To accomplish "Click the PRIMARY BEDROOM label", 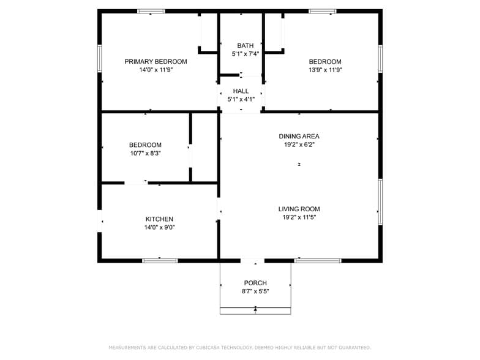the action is point(156,61).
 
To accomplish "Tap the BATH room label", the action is point(245,45).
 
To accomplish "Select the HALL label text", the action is point(241,91).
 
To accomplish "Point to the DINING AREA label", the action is point(299,136).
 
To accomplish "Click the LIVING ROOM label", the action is point(299,209).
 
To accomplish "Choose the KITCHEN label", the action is point(159,219).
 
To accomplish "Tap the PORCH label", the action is point(255,283).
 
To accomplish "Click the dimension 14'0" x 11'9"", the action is point(156,70).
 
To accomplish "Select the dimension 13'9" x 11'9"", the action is point(324,70).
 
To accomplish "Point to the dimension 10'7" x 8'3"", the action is point(145,153).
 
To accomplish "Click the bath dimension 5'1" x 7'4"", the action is point(245,54).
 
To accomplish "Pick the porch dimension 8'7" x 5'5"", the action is point(255,291).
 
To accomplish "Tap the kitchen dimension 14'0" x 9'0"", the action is point(159,228).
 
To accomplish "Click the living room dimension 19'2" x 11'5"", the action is point(299,217).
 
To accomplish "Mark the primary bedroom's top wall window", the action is point(151,11).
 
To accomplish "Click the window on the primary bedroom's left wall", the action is point(99,59).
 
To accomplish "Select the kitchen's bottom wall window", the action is point(160,261).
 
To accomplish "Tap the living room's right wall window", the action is point(380,202).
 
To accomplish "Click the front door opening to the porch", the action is point(252,261).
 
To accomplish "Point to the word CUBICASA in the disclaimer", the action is point(208,348).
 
